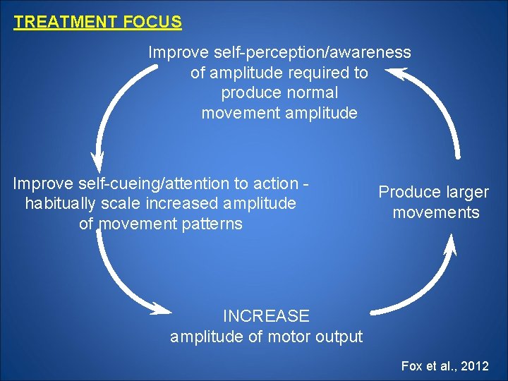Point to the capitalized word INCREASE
click(x=266, y=316)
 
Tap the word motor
click(x=286, y=337)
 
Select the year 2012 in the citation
click(x=473, y=366)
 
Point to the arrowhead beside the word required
click(x=395, y=72)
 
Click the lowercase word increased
click(x=183, y=204)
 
